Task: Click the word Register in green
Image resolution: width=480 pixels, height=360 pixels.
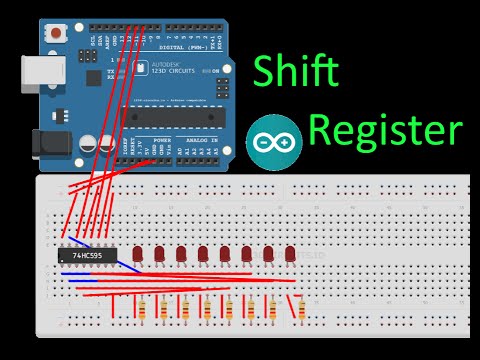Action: (385, 130)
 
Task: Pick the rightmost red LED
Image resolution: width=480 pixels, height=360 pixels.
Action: (290, 255)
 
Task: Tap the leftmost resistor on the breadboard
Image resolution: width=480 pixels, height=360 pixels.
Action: (140, 308)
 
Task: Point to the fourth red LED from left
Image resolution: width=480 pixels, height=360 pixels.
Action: (203, 255)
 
